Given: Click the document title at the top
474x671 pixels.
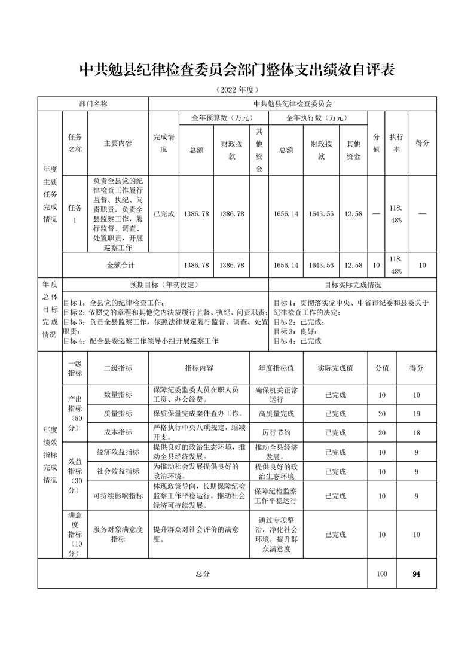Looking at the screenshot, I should click(x=237, y=71).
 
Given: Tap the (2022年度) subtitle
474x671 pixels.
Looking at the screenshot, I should click(x=237, y=90).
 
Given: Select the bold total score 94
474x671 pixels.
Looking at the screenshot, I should click(x=416, y=574).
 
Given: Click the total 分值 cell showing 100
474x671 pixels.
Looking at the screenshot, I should click(x=382, y=574).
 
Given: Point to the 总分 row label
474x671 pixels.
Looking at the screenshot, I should click(x=203, y=574).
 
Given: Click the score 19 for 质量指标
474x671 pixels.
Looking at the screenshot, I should click(x=416, y=413).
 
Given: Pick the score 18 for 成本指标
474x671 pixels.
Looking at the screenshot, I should click(x=416, y=432).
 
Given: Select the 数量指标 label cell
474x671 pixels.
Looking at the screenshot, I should click(x=118, y=395).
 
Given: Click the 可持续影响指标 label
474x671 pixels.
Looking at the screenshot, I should click(x=118, y=496).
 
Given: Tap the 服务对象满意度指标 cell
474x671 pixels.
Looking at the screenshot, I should click(x=118, y=534).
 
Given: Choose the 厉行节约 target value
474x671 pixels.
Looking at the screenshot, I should click(x=276, y=432).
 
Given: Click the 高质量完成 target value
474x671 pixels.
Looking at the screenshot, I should click(x=276, y=413).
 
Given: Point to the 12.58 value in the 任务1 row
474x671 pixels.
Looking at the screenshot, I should click(x=353, y=213).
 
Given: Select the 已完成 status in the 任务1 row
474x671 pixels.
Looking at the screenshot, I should click(x=164, y=213).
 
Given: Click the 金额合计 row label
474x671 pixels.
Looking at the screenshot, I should click(x=121, y=265).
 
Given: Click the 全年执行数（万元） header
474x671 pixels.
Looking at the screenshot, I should click(x=318, y=118).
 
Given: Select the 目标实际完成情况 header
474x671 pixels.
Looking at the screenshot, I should click(x=353, y=285).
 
